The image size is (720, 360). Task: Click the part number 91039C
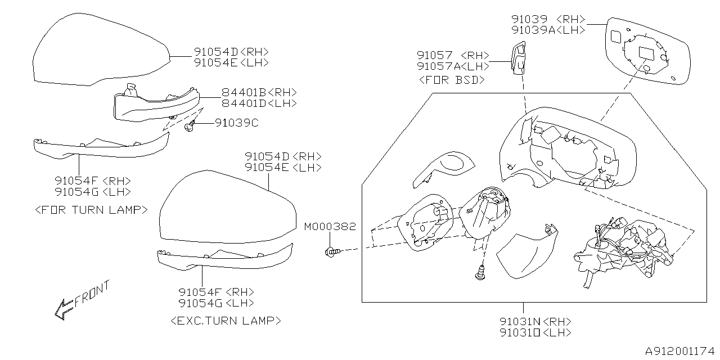click(x=236, y=123)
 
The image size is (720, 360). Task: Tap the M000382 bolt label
click(x=330, y=227)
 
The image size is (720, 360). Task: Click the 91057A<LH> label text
click(x=453, y=66)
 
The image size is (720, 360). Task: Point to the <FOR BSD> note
click(x=452, y=80)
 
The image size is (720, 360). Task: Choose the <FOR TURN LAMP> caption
click(x=91, y=210)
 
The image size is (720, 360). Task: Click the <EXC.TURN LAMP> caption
click(x=224, y=321)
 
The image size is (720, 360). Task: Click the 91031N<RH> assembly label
click(x=535, y=321)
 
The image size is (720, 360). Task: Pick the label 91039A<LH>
click(x=548, y=30)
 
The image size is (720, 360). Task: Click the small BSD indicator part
click(x=519, y=57)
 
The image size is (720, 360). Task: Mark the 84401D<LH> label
click(x=259, y=103)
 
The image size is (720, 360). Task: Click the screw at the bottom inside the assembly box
click(x=480, y=273)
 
